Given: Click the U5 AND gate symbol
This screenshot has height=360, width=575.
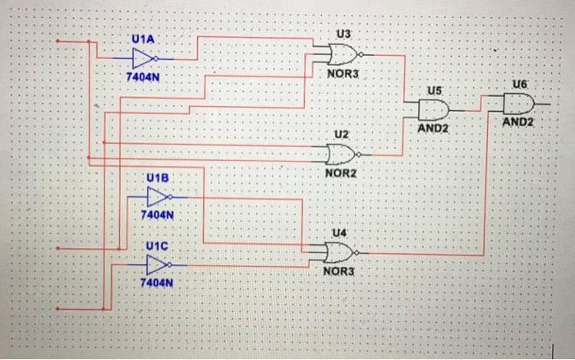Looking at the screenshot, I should [433, 108].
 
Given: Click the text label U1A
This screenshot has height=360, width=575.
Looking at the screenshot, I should [142, 39].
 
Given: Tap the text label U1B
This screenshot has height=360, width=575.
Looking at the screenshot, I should [158, 178].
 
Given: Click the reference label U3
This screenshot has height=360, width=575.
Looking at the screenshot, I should [343, 35].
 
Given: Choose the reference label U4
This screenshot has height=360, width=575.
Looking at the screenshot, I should [339, 233].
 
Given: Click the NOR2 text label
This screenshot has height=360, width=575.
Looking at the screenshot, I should [341, 173].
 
